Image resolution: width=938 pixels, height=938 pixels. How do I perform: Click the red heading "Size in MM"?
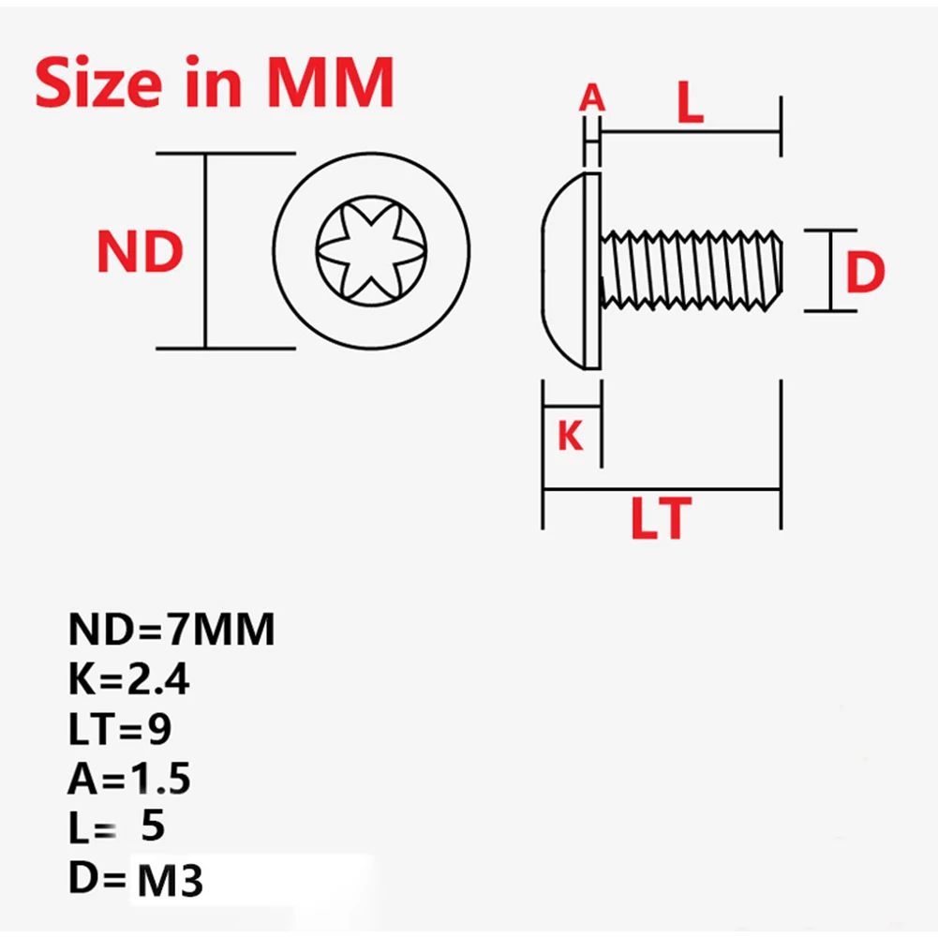point(215,82)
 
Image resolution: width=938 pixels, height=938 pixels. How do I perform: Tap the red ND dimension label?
point(140,252)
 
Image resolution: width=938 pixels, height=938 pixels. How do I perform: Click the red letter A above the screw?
point(591,97)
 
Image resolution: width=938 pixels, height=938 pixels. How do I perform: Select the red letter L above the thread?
point(690,102)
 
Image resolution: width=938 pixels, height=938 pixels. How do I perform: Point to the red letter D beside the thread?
point(864,272)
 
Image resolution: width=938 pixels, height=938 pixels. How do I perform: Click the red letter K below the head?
point(570,435)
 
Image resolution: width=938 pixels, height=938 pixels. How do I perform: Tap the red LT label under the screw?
point(661,518)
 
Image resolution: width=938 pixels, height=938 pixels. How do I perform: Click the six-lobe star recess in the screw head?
point(371,251)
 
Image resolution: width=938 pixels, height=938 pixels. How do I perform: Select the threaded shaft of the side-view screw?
point(692,271)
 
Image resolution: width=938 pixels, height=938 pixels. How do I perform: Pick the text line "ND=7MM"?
point(171,629)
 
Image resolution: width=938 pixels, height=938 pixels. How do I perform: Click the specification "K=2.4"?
point(128,679)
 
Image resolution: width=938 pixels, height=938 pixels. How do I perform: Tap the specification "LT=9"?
point(120,729)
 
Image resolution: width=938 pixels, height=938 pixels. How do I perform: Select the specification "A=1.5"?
point(128,779)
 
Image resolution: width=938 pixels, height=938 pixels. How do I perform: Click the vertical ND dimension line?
point(206,250)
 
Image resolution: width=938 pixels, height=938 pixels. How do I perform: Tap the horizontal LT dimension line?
point(662,489)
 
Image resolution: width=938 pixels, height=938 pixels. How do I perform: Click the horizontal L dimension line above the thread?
point(691,131)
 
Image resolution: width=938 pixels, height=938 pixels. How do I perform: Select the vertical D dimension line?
point(831,271)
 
